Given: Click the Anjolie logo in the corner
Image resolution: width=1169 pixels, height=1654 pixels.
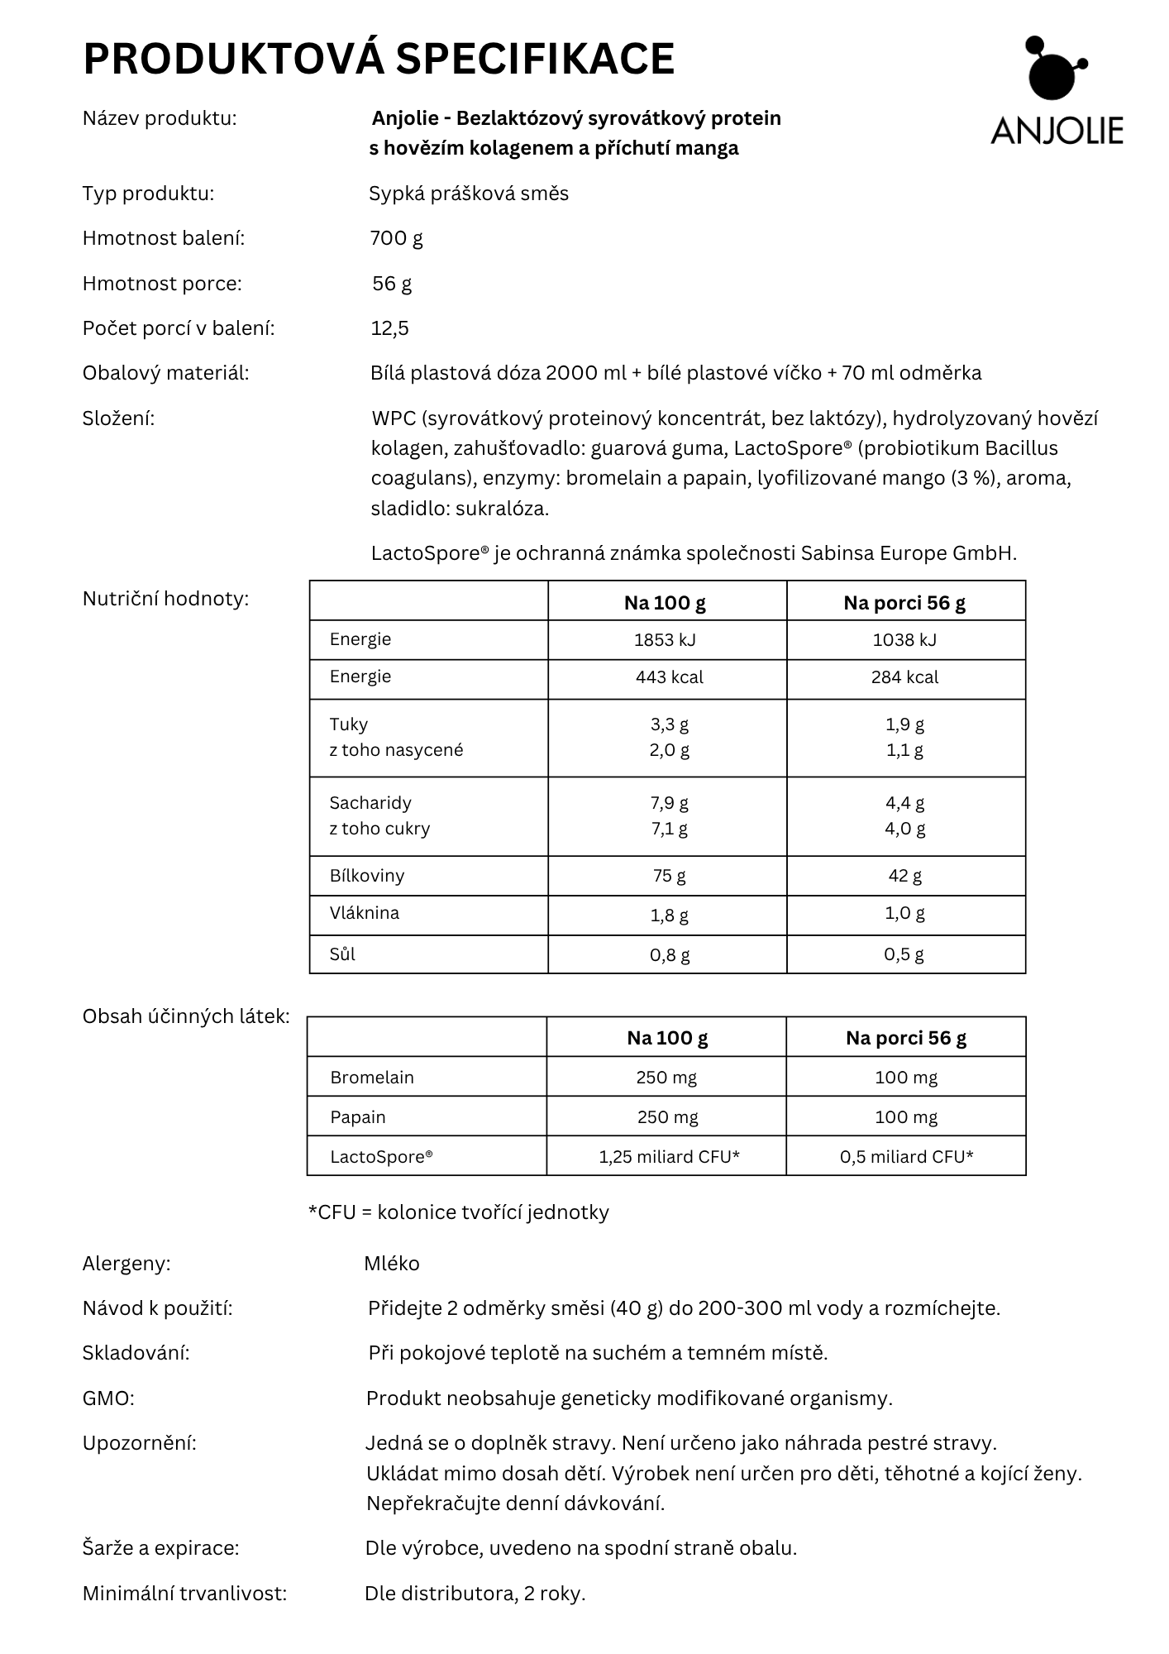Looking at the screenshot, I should tap(1056, 91).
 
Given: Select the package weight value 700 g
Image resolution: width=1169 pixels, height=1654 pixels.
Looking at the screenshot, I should tap(396, 238).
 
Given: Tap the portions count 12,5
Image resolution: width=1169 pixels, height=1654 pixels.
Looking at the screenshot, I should tap(389, 328).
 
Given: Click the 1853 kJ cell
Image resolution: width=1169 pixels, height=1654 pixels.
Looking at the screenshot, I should tap(669, 639).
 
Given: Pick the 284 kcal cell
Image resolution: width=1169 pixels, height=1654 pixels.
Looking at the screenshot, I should tap(904, 676).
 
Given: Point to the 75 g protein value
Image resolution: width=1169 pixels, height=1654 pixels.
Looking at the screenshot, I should tap(669, 875).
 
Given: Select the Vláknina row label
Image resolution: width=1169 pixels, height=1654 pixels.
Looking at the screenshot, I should tap(364, 913).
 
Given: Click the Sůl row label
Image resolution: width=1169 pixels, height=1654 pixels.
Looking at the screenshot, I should tap(342, 954).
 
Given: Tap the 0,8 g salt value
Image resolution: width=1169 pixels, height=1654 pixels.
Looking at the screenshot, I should tap(669, 954).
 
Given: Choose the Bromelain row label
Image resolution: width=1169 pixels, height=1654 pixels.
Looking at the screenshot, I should tap(372, 1077).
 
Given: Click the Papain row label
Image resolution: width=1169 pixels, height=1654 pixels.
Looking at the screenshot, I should tap(358, 1116).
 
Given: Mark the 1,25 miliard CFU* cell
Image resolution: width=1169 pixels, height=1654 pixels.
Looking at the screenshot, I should tap(669, 1156).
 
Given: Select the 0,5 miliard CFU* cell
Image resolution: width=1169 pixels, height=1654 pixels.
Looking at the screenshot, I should tap(906, 1156).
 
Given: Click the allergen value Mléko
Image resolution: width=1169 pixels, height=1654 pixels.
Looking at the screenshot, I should tap(392, 1263).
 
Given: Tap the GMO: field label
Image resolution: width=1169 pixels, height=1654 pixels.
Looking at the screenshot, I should tap(108, 1398).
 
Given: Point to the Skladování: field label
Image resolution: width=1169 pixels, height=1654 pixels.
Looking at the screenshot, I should tap(136, 1353).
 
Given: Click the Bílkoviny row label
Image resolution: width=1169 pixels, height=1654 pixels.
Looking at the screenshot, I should tap(367, 875).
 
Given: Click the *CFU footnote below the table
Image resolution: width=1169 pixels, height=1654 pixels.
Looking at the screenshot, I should tap(458, 1212).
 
